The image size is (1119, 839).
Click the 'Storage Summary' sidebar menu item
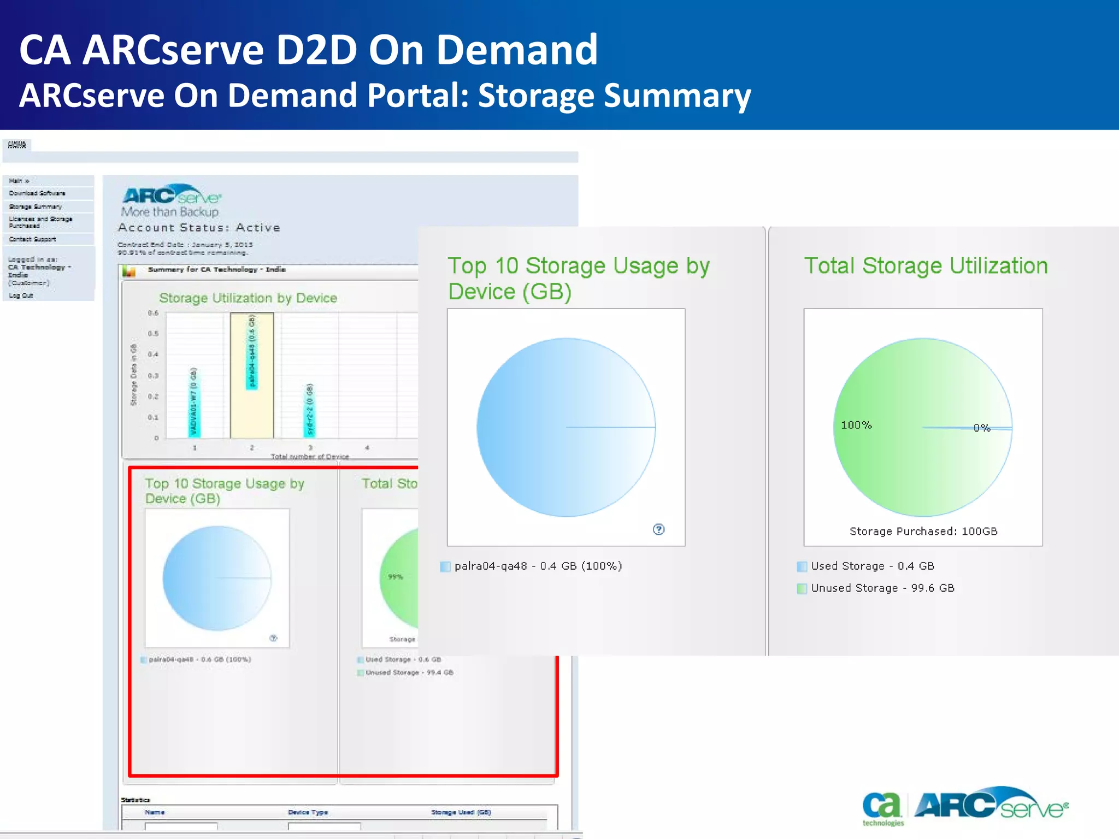[x=36, y=206]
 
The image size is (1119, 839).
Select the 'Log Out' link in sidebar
[x=21, y=296]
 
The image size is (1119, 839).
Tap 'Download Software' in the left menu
[x=37, y=193]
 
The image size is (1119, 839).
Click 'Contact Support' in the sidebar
[x=32, y=239]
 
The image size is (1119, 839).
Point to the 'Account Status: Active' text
[x=199, y=228]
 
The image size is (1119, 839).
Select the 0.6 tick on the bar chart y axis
[x=153, y=313]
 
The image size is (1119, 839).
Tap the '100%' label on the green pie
[x=856, y=425]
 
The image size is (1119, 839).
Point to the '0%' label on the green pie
[x=981, y=428]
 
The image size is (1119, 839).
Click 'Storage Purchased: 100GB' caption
[x=923, y=531]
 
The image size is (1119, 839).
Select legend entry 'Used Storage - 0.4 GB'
[x=872, y=566]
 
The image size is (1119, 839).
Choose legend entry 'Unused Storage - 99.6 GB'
[x=882, y=588]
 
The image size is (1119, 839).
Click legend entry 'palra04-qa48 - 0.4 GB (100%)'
[x=538, y=566]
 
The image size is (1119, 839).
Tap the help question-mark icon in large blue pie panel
[x=659, y=529]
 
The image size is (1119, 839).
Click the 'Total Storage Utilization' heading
[x=926, y=266]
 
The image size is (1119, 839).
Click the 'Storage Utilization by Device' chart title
[x=248, y=298]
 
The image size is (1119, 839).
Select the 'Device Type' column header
[x=308, y=812]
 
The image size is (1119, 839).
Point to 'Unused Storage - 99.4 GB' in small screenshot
[x=409, y=672]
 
